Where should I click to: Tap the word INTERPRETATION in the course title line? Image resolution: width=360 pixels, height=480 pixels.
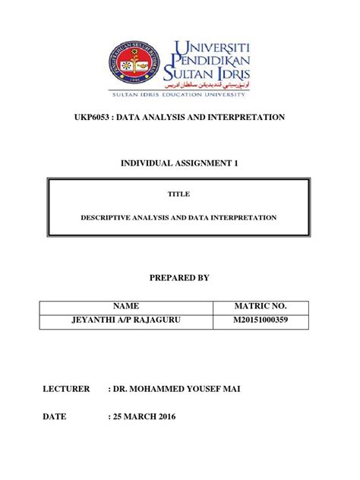pos(247,118)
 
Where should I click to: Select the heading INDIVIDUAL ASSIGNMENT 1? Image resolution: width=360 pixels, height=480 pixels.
pos(179,163)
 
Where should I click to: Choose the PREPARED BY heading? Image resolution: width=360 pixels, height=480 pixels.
pos(179,279)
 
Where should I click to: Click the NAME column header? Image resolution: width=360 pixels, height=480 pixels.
pos(125,306)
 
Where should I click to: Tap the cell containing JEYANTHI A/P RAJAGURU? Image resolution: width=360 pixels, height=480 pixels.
pos(125,321)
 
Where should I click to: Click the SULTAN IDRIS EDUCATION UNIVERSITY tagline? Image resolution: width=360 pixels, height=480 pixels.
pos(179,97)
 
